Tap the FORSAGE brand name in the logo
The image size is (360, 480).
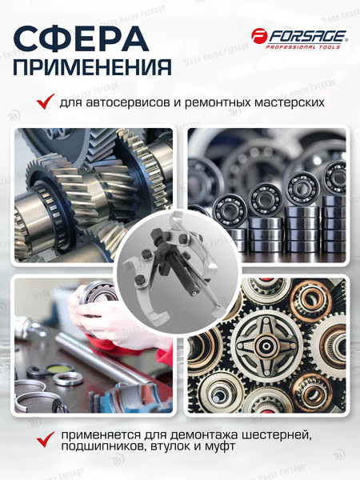click(306, 36)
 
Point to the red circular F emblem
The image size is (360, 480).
click(258, 37)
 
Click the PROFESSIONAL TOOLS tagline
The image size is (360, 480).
click(306, 46)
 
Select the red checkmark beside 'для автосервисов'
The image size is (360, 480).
click(45, 102)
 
